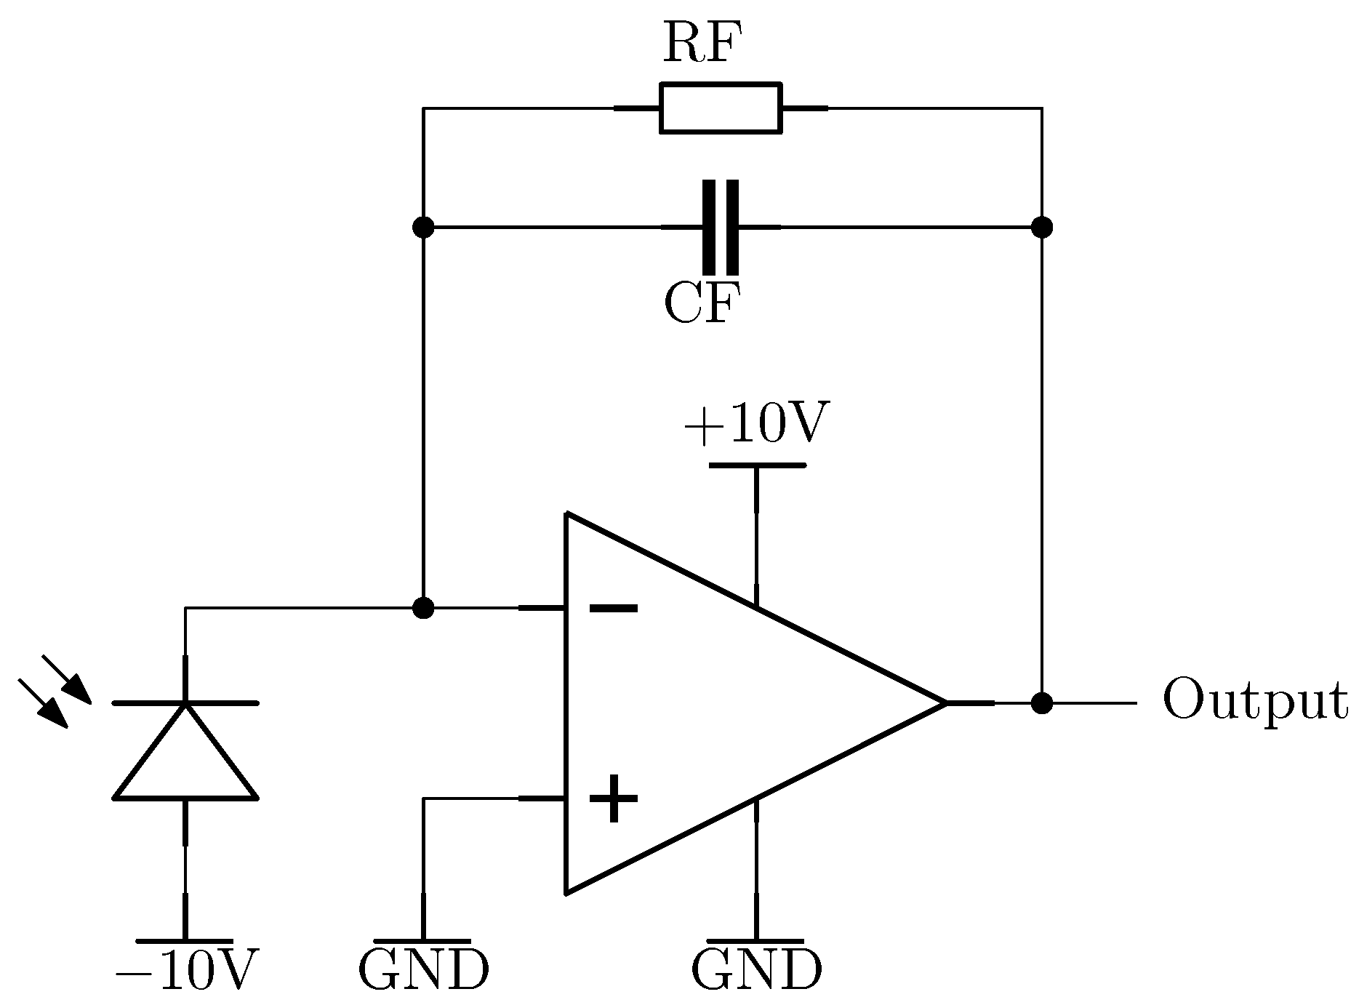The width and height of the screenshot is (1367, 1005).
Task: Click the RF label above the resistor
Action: point(696,45)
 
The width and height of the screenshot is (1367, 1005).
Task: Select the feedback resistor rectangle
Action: point(721,108)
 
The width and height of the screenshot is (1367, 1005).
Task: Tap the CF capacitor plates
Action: point(721,228)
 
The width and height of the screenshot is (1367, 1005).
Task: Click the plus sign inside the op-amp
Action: point(613,798)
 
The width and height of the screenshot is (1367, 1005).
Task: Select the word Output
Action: point(1255,701)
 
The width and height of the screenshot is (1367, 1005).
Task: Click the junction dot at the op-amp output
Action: point(1042,703)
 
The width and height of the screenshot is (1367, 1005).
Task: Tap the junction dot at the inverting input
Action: point(422,607)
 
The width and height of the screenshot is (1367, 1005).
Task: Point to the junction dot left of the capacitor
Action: point(422,228)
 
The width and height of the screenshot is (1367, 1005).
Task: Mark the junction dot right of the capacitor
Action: point(1042,228)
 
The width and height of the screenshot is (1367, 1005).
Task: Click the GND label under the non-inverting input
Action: point(423,970)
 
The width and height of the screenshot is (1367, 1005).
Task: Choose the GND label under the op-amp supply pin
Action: point(756,970)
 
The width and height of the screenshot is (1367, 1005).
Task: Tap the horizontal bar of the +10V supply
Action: point(756,465)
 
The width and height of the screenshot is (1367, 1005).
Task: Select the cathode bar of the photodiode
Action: point(186,703)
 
